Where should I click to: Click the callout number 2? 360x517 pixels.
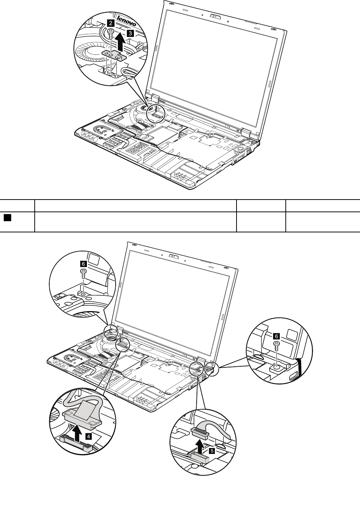pos(110,23)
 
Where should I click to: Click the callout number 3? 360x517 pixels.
pos(129,33)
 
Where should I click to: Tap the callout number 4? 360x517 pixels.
pos(88,435)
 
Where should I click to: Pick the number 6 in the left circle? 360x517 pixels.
pos(83,263)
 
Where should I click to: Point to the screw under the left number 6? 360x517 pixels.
pos(84,273)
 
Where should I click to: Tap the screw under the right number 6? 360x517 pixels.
pos(276,345)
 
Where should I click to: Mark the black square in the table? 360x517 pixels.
pos(7,217)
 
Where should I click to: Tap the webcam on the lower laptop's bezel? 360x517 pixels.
pos(173,256)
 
